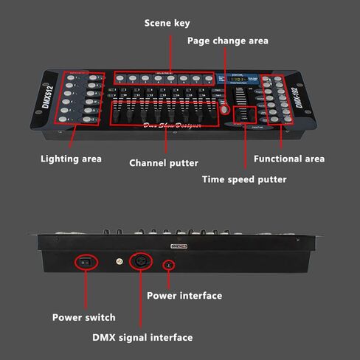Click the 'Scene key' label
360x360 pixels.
167,23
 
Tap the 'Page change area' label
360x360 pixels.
227,41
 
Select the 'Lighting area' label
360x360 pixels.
71,159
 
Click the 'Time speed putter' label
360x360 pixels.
243,179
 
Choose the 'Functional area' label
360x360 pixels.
288,159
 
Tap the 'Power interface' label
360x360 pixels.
184,296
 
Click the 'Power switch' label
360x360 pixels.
83,317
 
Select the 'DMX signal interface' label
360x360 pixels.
142,337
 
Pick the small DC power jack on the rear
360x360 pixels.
169,263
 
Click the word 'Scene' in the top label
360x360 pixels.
157,23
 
